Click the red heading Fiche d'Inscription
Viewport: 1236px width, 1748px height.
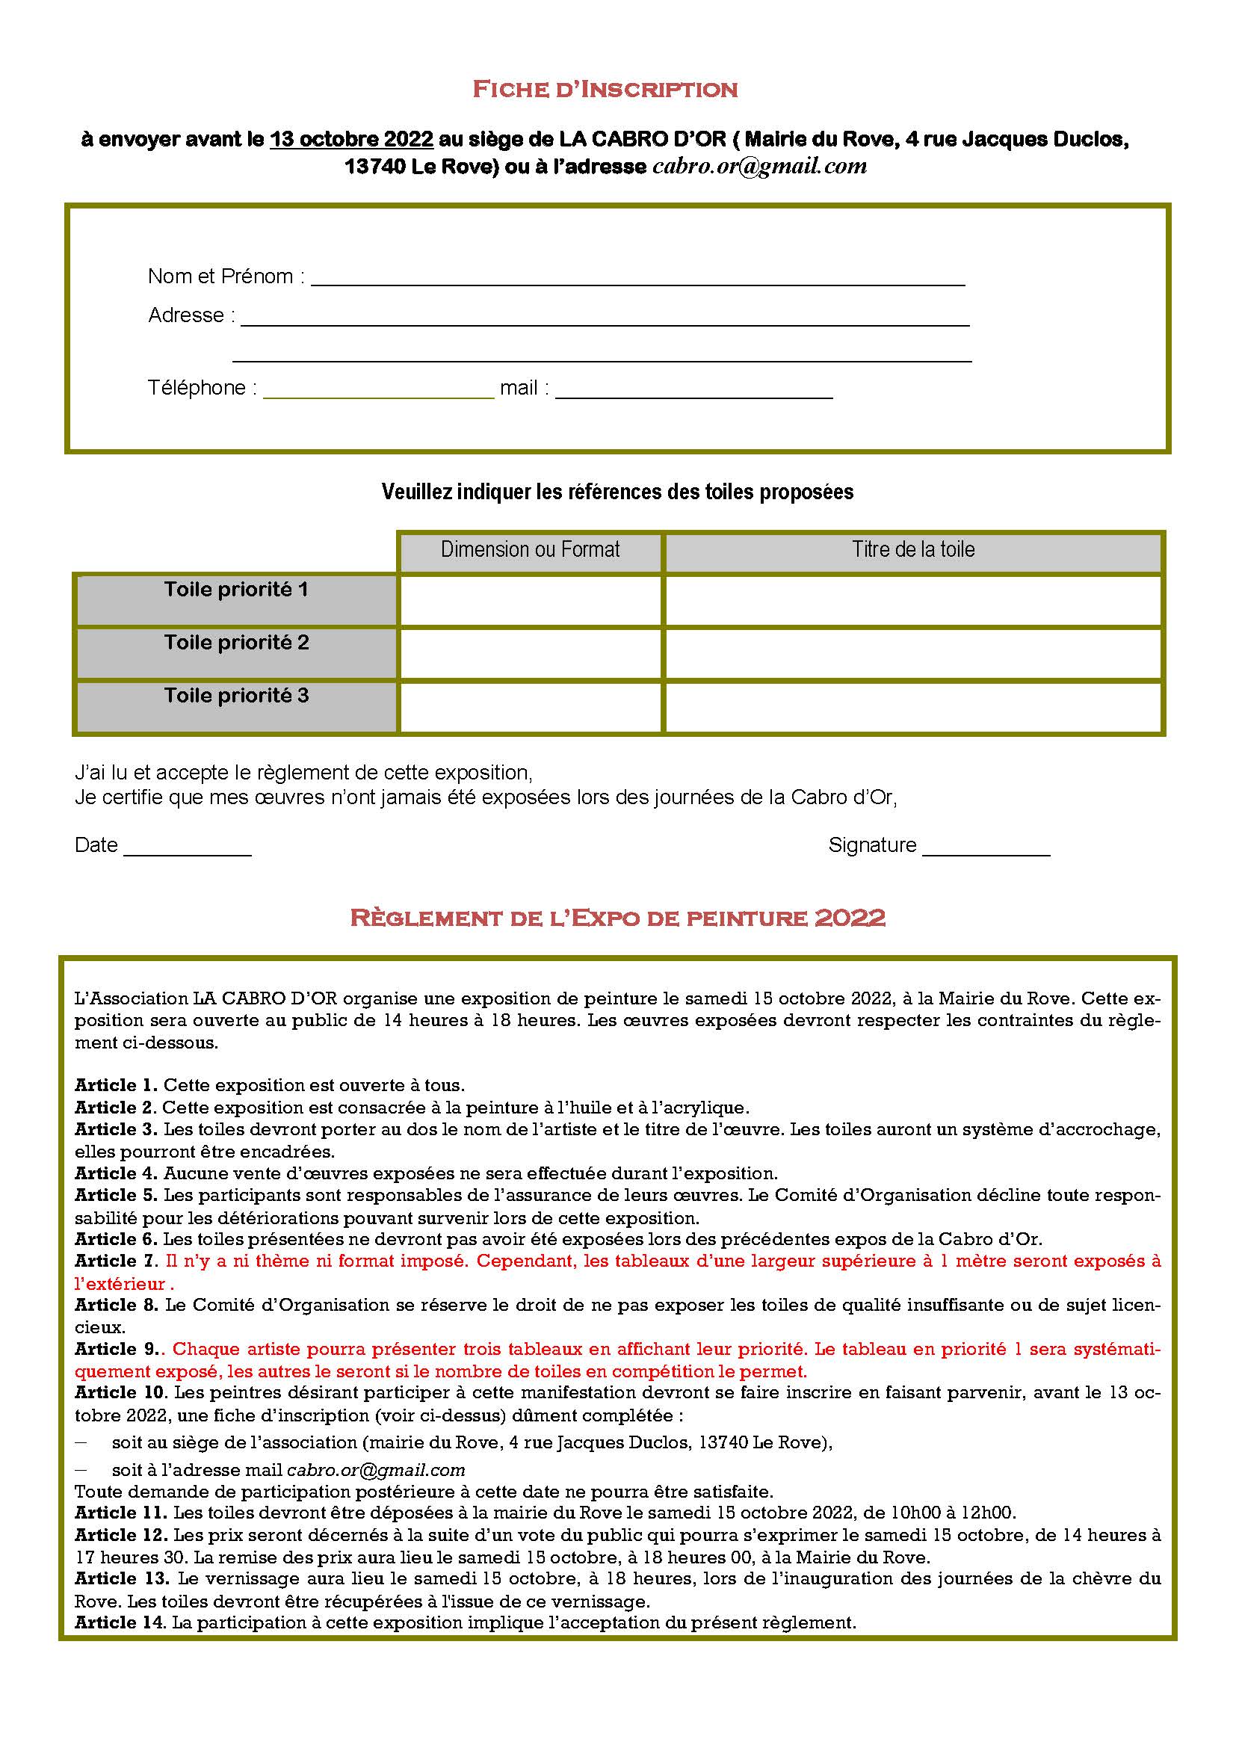tap(605, 90)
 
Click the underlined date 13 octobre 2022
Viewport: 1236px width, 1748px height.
tap(351, 139)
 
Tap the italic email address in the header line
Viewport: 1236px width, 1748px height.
tap(759, 167)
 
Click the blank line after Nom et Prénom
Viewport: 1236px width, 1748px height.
tap(637, 279)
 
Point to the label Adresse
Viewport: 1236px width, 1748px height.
tap(188, 315)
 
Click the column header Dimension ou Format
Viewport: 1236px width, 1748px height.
tap(530, 550)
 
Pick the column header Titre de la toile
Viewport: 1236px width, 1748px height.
tap(912, 550)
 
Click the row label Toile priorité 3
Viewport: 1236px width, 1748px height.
tap(236, 696)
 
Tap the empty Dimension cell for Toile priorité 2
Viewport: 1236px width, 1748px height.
tap(530, 653)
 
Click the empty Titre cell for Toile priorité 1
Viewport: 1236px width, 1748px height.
tap(912, 600)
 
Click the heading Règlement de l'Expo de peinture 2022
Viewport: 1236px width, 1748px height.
tap(617, 918)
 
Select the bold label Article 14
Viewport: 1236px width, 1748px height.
tap(120, 1622)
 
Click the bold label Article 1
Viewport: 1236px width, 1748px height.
tap(116, 1085)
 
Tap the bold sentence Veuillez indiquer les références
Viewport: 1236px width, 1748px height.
tap(617, 492)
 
